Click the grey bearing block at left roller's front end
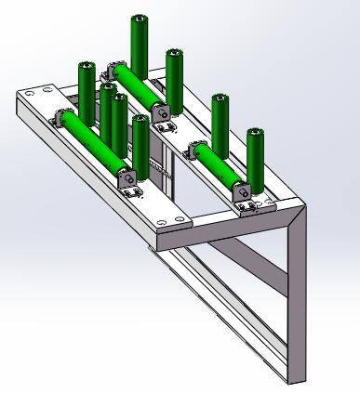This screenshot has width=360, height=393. click(x=128, y=176)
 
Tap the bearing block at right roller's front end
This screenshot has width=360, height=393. click(x=246, y=192)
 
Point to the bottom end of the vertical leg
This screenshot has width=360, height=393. click(x=294, y=376)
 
